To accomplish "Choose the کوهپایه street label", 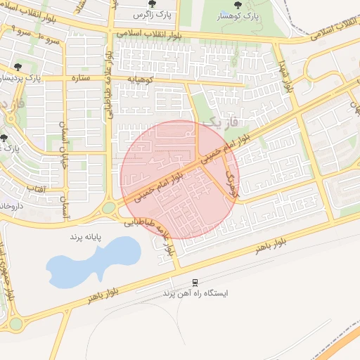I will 149,79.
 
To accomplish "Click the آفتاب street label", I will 35,189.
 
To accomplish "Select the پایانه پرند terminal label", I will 85,237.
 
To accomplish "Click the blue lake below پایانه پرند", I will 91,264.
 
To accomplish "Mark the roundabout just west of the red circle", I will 108,208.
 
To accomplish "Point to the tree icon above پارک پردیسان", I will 18,67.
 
